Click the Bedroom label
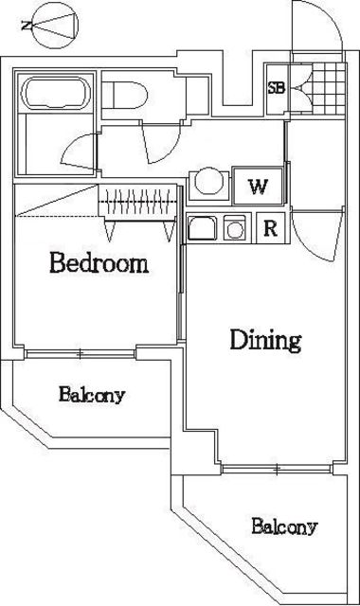point(99,262)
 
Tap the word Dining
point(266,340)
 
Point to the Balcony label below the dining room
point(283,526)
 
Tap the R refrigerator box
point(269,227)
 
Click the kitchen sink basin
point(203,228)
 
